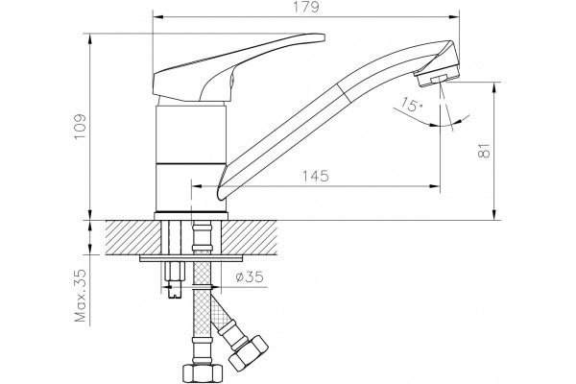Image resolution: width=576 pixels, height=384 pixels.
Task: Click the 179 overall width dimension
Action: pos(306,7)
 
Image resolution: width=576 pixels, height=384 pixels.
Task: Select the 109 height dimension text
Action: pos(80,127)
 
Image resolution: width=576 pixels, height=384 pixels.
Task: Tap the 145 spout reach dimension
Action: pos(315,177)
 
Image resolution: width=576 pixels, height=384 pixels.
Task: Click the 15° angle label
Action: pos(411,105)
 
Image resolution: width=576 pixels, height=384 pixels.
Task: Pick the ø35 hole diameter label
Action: pos(250,276)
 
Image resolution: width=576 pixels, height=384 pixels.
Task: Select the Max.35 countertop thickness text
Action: pos(80,296)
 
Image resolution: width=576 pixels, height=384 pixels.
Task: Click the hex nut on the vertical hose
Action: pos(203,372)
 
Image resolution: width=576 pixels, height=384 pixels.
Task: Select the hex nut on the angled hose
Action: pos(249,352)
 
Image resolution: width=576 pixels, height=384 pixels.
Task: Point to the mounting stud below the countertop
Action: pos(175,279)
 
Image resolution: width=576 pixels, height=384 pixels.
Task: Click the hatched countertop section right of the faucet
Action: pos(250,237)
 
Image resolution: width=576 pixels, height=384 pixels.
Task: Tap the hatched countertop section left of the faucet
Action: pos(133,237)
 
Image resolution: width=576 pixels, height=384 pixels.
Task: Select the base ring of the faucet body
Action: pos(191,216)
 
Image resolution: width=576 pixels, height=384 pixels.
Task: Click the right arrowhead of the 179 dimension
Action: pos(455,16)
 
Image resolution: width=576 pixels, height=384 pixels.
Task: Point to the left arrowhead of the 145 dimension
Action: pos(197,186)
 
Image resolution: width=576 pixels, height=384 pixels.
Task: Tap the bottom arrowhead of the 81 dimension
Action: pos(494,215)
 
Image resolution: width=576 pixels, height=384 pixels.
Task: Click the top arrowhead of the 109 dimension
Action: pos(90,39)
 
